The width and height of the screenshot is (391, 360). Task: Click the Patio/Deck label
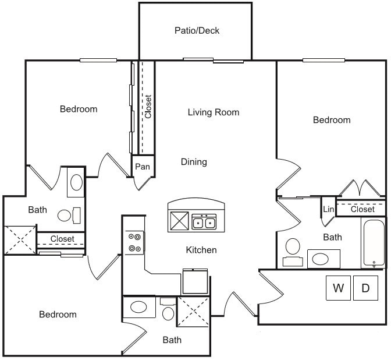[197, 30]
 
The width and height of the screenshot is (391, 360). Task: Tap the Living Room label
[214, 112]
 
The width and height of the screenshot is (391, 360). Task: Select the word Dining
[194, 162]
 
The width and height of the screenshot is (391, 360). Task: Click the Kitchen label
[201, 250]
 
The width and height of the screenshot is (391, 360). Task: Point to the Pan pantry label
[143, 167]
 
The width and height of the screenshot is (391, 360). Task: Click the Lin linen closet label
[328, 209]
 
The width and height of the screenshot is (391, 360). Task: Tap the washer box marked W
[337, 288]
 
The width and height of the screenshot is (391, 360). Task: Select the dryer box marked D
[365, 288]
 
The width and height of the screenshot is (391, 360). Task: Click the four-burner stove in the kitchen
[135, 242]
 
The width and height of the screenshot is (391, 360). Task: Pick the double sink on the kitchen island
[204, 222]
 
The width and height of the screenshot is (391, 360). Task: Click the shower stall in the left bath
[20, 240]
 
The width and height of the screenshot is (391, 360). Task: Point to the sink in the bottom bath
[140, 306]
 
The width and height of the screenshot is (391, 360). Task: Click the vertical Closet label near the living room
[148, 107]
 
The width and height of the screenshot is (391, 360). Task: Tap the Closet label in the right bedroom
[362, 209]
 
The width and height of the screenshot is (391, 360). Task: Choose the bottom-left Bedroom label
[58, 315]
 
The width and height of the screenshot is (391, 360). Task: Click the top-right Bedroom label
[332, 120]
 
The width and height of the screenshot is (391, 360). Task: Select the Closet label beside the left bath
[62, 239]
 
